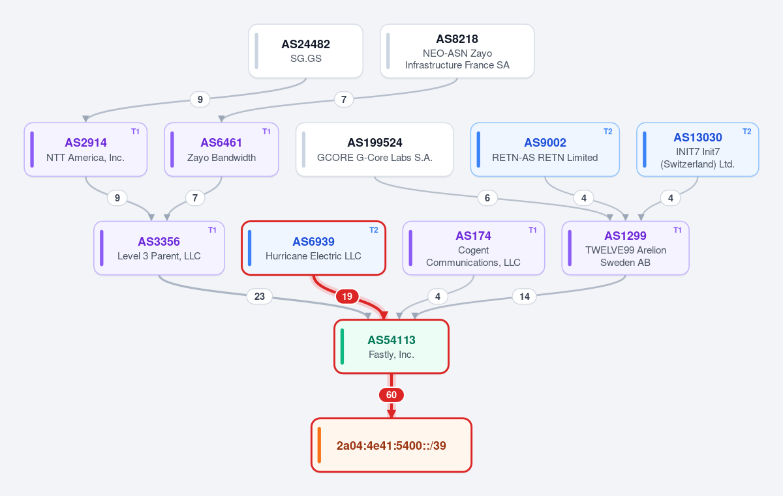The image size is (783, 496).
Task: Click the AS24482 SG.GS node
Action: (x=306, y=51)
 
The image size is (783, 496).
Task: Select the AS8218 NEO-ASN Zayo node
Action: (x=457, y=51)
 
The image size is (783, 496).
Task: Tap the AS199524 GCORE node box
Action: (x=375, y=149)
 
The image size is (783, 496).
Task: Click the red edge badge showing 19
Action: (x=347, y=297)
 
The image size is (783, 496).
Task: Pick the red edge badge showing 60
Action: (x=391, y=395)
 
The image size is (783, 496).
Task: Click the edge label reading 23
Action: (x=260, y=297)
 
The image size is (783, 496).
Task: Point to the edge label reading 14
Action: (x=525, y=297)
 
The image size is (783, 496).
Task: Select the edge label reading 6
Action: (x=487, y=198)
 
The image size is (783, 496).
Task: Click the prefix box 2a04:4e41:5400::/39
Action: (x=391, y=445)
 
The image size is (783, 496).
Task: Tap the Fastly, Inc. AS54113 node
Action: (x=391, y=347)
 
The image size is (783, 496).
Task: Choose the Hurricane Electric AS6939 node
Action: (x=314, y=248)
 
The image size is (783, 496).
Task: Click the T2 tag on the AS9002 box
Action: (x=608, y=132)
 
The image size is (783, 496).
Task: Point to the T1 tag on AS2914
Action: (x=135, y=132)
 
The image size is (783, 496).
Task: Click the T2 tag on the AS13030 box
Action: (x=747, y=132)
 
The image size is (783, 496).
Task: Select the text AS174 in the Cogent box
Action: (x=473, y=235)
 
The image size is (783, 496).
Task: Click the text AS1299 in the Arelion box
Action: (x=625, y=235)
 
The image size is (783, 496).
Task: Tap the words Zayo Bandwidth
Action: (x=221, y=158)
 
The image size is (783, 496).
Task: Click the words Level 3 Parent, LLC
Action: (x=159, y=256)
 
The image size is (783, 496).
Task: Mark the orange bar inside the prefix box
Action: (x=319, y=445)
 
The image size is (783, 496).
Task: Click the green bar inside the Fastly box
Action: (x=342, y=347)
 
